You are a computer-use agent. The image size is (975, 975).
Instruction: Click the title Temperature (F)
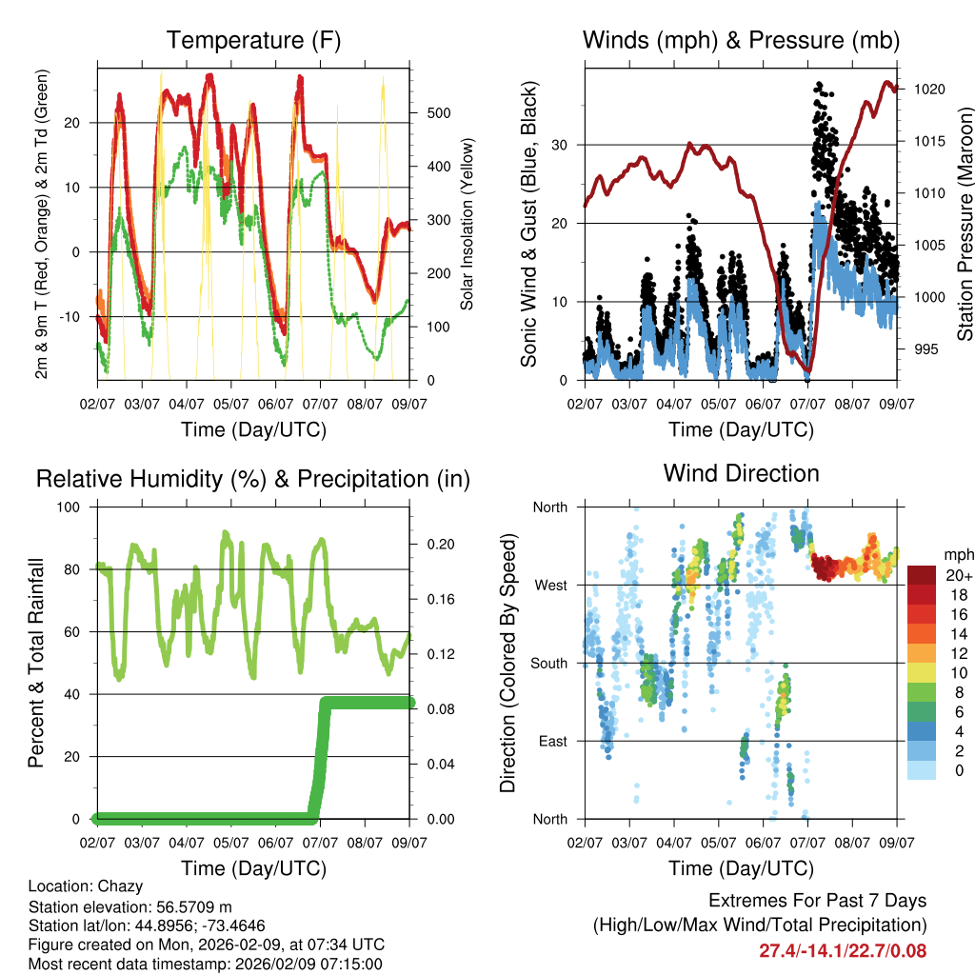(253, 40)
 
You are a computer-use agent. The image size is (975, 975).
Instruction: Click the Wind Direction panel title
(741, 472)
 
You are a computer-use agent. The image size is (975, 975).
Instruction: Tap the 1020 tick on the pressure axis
(929, 90)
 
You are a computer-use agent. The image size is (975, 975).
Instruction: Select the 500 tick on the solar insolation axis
(437, 113)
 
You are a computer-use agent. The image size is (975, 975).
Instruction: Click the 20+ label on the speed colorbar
(959, 576)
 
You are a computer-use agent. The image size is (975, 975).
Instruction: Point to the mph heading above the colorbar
(958, 554)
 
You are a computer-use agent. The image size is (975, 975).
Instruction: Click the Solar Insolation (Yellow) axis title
(467, 224)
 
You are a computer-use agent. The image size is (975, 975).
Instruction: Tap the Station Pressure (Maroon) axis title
(965, 224)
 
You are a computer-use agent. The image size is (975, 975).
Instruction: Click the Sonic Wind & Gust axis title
(528, 224)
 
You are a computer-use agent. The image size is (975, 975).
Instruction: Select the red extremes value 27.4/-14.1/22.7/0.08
(843, 950)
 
